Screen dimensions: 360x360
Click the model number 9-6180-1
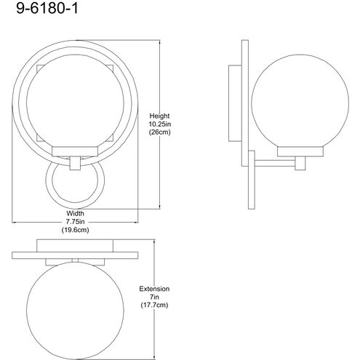[47, 9]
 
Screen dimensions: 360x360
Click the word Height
[159, 116]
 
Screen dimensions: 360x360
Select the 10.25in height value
[160, 124]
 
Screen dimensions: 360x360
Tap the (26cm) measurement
[160, 132]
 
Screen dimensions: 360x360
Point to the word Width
[75, 214]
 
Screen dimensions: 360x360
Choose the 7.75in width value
[75, 222]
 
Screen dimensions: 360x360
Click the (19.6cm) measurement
[75, 230]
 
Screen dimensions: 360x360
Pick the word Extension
[154, 289]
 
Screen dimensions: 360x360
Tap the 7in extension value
[154, 297]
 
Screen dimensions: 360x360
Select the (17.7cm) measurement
[154, 305]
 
